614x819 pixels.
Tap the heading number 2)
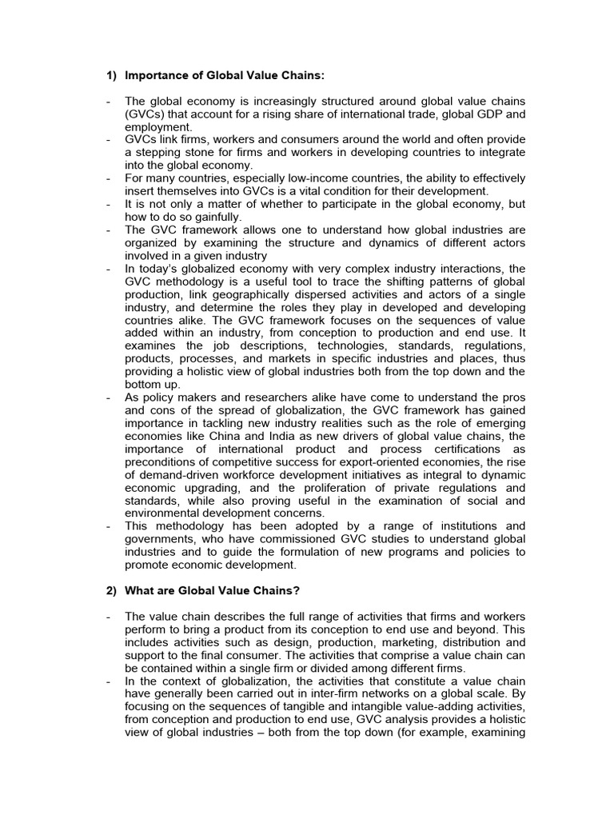tap(112, 590)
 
